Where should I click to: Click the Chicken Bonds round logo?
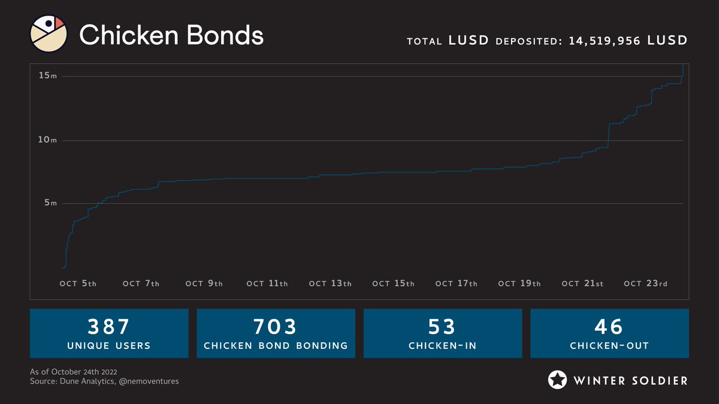point(48,34)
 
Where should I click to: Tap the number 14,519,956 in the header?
point(604,41)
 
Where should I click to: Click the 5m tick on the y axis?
point(50,203)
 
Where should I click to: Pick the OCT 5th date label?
point(78,284)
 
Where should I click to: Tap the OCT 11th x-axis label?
point(267,284)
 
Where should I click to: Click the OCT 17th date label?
point(456,284)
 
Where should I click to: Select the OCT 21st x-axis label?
point(582,284)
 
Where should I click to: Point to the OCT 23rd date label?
point(645,284)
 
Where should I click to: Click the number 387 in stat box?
point(109,327)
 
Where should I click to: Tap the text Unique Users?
point(109,346)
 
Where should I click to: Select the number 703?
point(276,327)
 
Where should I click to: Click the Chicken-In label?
point(442,346)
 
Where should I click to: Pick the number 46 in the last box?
point(609,327)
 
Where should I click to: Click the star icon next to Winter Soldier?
point(558,380)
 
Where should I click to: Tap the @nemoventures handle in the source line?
point(152,381)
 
